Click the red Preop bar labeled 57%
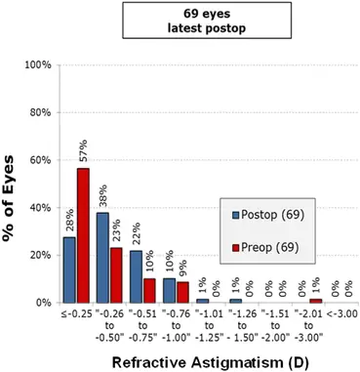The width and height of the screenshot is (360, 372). pos(84,235)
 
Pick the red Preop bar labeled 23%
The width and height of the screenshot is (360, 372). pos(116,275)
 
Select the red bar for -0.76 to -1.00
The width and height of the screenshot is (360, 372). pos(182,292)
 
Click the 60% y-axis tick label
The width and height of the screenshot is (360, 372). pos(40,160)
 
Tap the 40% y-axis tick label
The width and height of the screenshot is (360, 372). pos(40,208)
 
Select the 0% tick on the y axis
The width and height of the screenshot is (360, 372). pos(44,303)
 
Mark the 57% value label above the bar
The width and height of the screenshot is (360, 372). pos(84,152)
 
